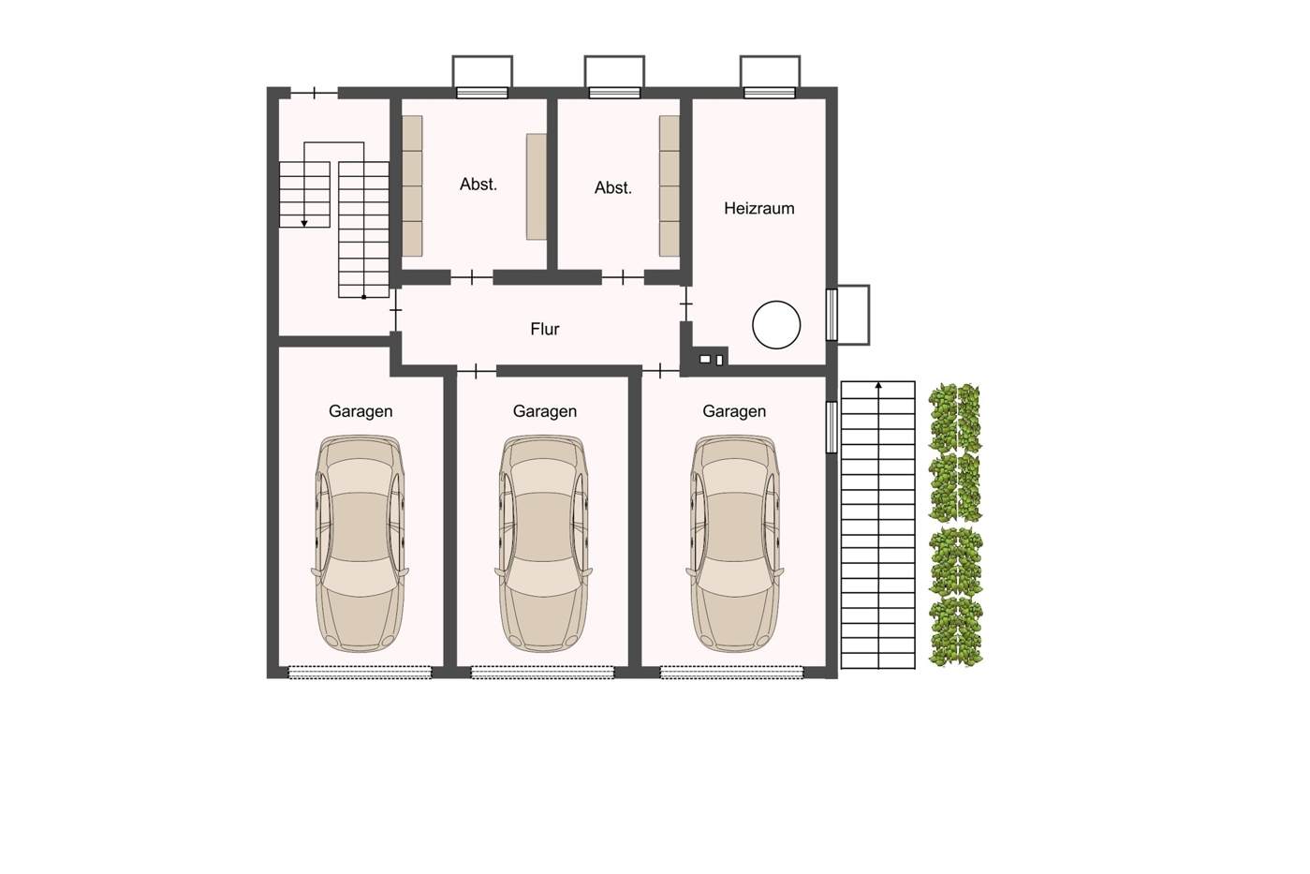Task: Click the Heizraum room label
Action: (759, 208)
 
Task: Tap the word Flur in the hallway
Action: (544, 330)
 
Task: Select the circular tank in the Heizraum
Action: (776, 325)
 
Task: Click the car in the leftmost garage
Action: (360, 543)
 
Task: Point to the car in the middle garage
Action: (544, 543)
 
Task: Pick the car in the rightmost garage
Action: (734, 543)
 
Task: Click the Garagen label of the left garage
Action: (361, 411)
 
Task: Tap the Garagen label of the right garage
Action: (734, 411)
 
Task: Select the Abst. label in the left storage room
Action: (478, 185)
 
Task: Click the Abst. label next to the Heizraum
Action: (613, 187)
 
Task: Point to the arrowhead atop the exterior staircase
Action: (877, 385)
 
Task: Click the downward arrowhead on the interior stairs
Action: (304, 224)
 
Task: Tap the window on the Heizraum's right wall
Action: (832, 315)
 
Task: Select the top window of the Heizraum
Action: (770, 93)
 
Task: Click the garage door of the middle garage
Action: (543, 673)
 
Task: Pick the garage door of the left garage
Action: (360, 673)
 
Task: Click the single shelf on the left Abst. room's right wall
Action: (537, 186)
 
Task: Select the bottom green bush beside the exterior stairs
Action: (956, 631)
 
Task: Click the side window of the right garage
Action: (832, 427)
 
